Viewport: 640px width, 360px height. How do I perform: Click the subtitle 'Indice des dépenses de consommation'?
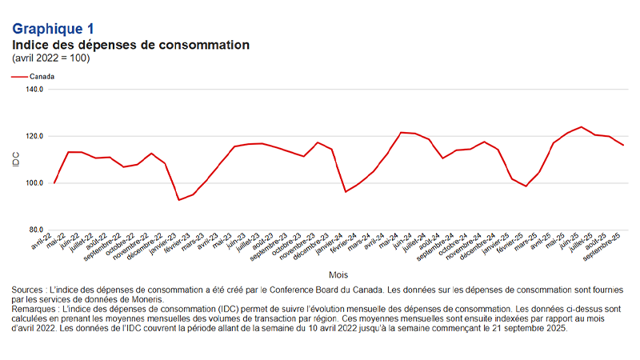click(x=130, y=44)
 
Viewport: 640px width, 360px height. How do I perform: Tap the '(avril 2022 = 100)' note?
click(x=50, y=58)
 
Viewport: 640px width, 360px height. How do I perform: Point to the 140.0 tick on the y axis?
click(x=34, y=90)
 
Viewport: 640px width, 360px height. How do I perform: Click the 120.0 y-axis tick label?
click(x=34, y=136)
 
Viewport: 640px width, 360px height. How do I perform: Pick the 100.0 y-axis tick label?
click(x=34, y=183)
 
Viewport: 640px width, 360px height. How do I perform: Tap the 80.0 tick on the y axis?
click(x=36, y=230)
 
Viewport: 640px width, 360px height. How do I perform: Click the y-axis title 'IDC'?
click(x=16, y=160)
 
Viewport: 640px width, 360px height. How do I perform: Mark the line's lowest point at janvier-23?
click(x=179, y=200)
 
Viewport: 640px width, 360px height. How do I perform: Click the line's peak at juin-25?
click(x=581, y=126)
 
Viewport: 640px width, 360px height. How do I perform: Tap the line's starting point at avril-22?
click(x=54, y=183)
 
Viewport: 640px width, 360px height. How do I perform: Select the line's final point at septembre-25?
click(x=624, y=145)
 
